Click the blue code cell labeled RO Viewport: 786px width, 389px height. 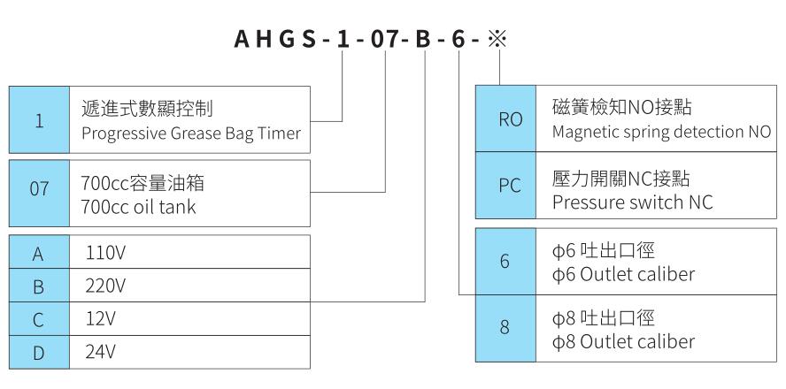(505, 119)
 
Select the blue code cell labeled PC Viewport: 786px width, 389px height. (505, 189)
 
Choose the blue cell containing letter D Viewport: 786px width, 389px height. (39, 352)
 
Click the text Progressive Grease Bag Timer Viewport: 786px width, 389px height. (190, 133)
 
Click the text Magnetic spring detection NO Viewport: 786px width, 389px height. (660, 132)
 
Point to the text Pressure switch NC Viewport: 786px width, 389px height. (620, 202)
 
